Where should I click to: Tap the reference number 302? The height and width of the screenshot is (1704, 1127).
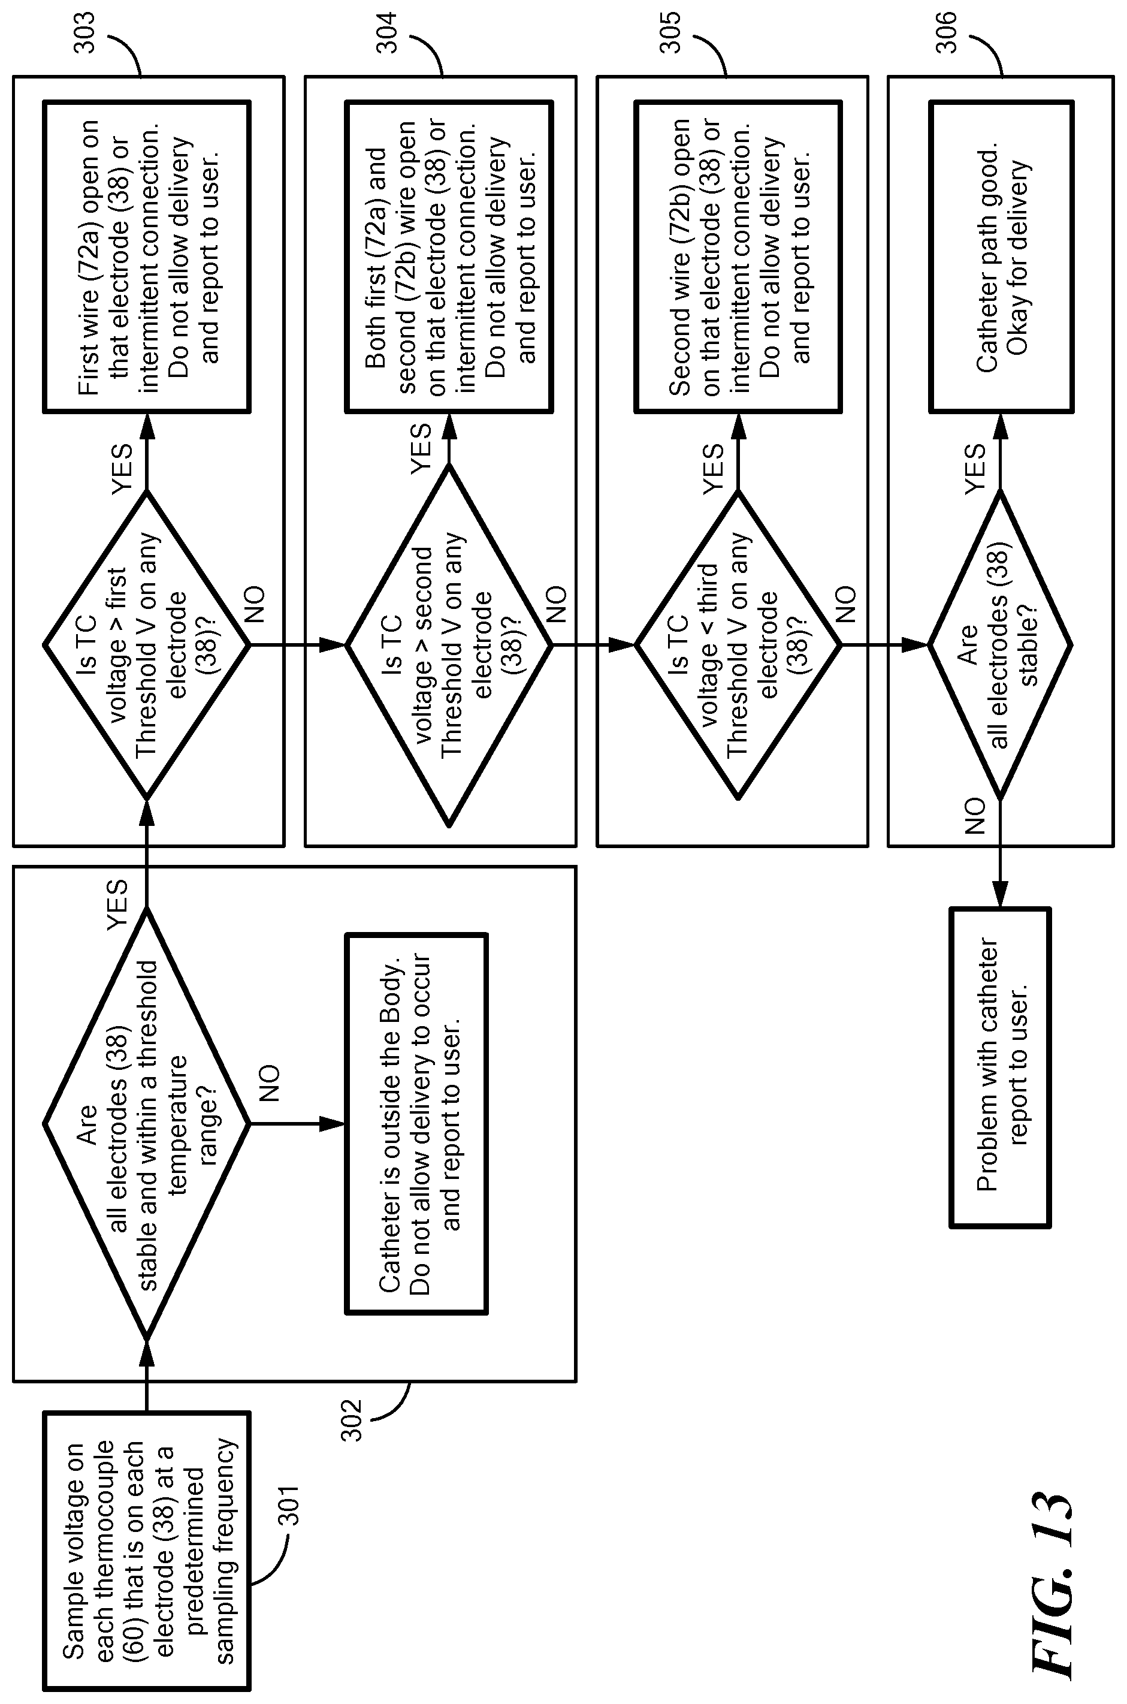(x=352, y=1420)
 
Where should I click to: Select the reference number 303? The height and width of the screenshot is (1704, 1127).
(x=85, y=32)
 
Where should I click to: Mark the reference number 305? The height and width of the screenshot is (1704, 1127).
(x=670, y=32)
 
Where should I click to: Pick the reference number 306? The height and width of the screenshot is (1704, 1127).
(x=947, y=32)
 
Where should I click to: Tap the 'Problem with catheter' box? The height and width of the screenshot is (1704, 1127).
(x=1001, y=1067)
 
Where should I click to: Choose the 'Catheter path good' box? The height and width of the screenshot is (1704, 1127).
(x=1001, y=257)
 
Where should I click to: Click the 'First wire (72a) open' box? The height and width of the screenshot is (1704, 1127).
(x=147, y=257)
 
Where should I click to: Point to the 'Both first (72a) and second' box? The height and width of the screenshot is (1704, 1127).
(x=449, y=257)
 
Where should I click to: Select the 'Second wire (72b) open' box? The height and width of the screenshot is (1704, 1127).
(x=738, y=257)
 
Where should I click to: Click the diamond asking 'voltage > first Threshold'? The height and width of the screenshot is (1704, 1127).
(x=147, y=645)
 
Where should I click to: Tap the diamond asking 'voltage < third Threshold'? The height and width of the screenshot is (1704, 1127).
(x=738, y=645)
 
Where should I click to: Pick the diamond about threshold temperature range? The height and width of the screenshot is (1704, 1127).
(x=147, y=1123)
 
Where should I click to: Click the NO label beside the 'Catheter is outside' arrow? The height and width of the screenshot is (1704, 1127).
(x=268, y=1084)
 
